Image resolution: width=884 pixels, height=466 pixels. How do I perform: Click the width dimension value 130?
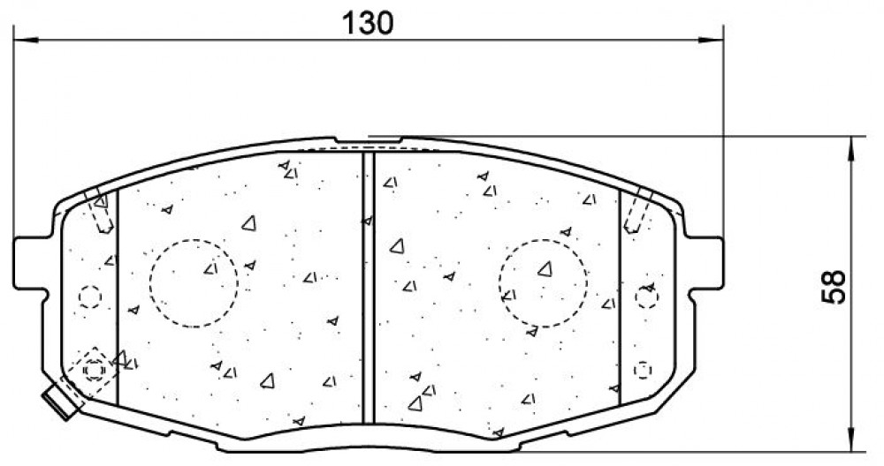368,23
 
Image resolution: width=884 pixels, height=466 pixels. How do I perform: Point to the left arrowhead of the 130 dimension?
26,40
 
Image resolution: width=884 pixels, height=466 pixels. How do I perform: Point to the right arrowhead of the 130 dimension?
711,40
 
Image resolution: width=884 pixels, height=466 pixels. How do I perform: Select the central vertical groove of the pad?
368,288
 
